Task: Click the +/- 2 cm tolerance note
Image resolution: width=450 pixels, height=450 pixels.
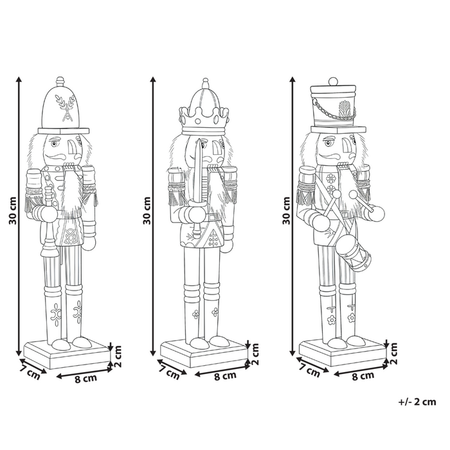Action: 417,402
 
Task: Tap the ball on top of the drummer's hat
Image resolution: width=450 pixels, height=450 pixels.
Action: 334,82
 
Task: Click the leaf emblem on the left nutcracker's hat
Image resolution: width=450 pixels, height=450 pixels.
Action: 65,107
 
